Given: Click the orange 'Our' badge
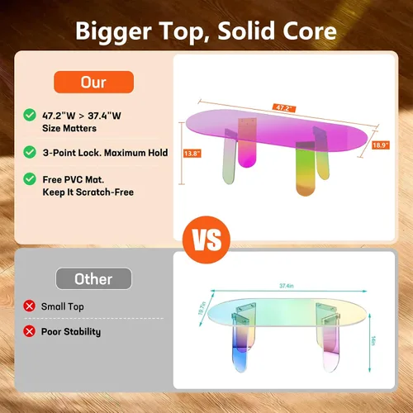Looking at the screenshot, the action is click(x=93, y=82).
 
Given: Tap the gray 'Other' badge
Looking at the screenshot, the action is click(x=93, y=278).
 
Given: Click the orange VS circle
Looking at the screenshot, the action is click(x=206, y=240).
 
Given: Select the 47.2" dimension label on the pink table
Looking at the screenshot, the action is click(x=284, y=108).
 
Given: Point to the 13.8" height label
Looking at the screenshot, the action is click(x=192, y=154).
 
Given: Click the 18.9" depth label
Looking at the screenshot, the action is click(x=381, y=145).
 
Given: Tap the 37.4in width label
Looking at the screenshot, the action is click(x=287, y=286).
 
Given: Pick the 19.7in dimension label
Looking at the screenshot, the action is click(x=202, y=308).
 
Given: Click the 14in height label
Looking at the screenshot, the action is click(x=373, y=340).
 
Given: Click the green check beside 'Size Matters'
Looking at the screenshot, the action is click(x=30, y=115).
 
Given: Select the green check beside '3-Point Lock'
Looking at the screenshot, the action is click(x=30, y=152).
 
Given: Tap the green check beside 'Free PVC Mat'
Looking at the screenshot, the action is click(x=30, y=179).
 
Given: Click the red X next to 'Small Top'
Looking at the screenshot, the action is click(x=29, y=306).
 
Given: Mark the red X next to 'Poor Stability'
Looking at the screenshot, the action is click(x=29, y=331).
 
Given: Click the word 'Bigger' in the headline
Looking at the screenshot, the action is click(x=113, y=31).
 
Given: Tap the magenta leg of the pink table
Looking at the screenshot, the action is click(x=247, y=143).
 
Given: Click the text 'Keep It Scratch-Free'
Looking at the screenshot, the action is click(x=88, y=192).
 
